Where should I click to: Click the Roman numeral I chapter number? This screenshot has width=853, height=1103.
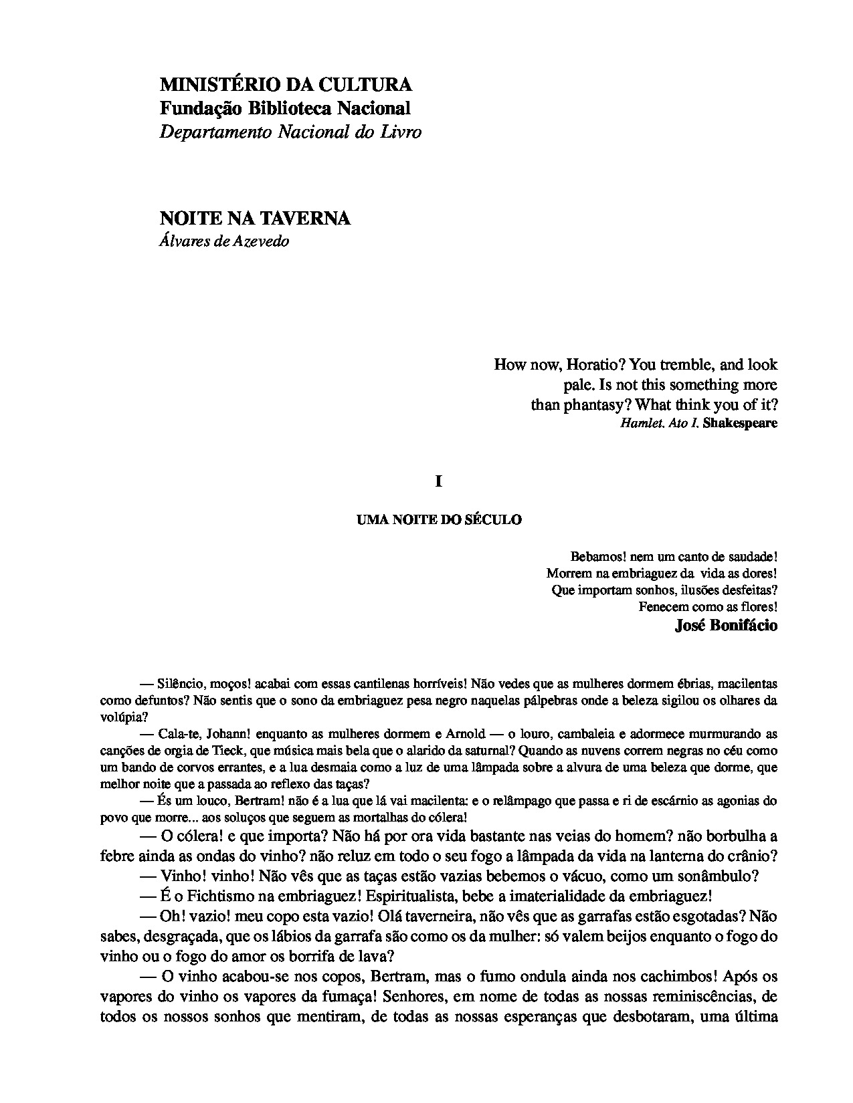439,481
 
